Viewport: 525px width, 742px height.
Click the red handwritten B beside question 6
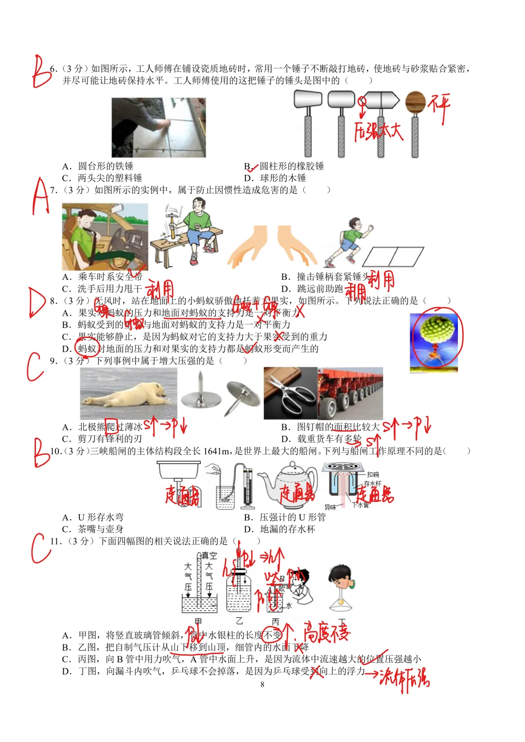[41, 72]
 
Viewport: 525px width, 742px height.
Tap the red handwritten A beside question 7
[41, 197]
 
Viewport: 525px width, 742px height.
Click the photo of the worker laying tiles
[158, 127]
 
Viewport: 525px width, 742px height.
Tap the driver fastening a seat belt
[105, 236]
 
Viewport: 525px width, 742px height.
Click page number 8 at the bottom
[262, 685]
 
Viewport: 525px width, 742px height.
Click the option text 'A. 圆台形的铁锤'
[98, 166]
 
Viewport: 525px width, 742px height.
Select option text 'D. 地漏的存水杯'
[280, 529]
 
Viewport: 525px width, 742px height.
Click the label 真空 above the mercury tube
[210, 556]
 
